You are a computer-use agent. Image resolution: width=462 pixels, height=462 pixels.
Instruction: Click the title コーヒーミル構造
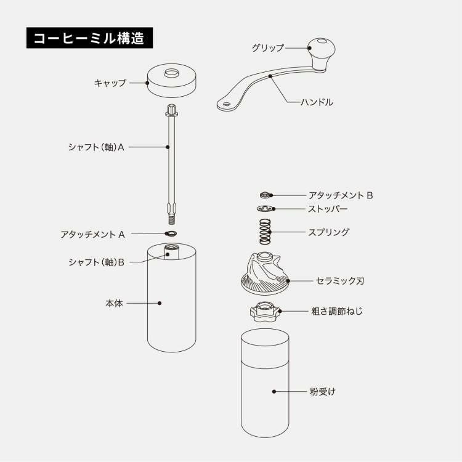point(89,38)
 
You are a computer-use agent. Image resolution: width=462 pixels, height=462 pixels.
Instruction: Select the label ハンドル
point(317,102)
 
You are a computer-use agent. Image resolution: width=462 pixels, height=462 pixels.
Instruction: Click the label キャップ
point(110,83)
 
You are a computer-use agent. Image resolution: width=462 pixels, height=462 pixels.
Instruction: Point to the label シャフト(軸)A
point(96,148)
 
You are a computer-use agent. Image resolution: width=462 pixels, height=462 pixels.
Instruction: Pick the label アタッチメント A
point(93,234)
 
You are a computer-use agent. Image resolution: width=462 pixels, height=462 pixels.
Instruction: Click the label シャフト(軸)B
point(96,262)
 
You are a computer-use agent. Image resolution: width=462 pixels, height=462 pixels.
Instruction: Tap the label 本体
point(114,303)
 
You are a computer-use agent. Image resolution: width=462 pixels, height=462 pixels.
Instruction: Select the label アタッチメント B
point(341,195)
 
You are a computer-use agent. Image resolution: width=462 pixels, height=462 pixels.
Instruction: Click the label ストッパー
point(328,209)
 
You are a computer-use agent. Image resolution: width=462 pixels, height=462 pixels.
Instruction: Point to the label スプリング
point(328,232)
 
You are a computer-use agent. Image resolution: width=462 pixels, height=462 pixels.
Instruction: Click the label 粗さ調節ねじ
point(337,311)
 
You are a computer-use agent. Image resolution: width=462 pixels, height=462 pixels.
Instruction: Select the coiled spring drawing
point(264,232)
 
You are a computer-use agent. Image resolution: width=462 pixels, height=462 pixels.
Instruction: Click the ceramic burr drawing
point(264,275)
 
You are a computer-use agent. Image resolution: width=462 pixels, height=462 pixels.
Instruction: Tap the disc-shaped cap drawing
point(171,80)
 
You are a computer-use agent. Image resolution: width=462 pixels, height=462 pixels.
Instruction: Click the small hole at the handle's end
point(226,105)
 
